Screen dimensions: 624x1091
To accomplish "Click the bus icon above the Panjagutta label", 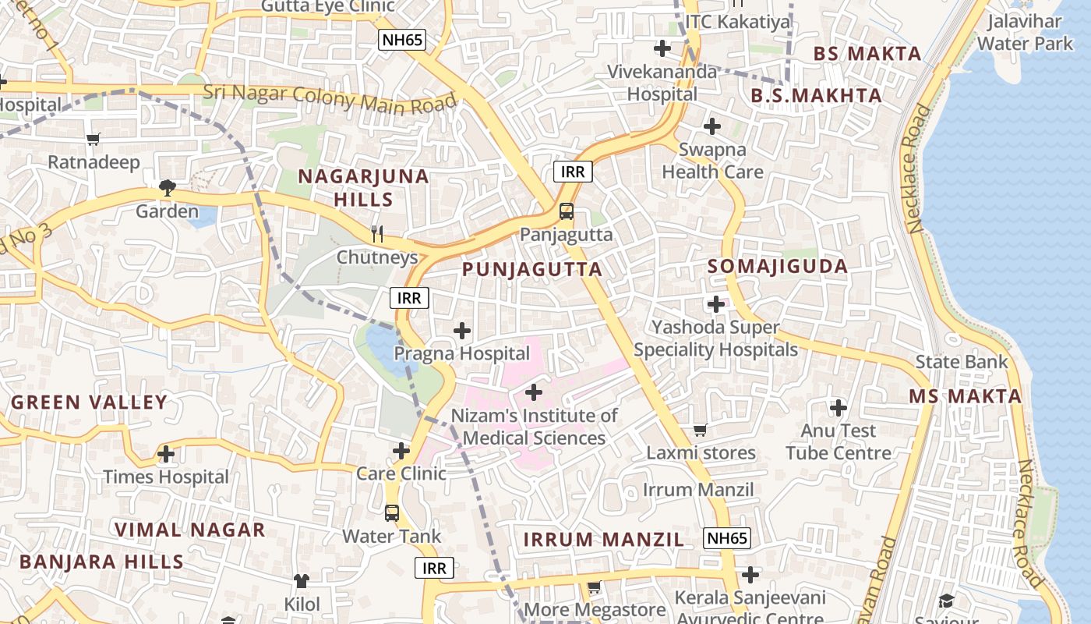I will (567, 211).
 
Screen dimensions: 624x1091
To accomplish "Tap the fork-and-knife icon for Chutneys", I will (377, 233).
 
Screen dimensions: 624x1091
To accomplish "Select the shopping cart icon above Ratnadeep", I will (94, 139).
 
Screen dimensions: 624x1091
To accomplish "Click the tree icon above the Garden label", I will (167, 187).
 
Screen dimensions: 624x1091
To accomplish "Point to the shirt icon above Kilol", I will (302, 580).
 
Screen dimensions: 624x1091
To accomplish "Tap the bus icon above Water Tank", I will (392, 512).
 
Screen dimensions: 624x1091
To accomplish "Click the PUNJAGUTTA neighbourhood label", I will (532, 270).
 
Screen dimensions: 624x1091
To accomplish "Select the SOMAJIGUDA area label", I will (777, 266).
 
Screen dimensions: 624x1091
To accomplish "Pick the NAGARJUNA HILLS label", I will (364, 187).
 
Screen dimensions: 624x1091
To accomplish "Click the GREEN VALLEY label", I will (90, 402).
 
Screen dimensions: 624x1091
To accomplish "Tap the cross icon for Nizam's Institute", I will (534, 392).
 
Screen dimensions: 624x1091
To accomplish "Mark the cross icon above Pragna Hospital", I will (462, 331).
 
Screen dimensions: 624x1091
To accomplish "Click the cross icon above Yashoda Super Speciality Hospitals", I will (716, 304).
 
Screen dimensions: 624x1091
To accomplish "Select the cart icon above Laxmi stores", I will (700, 430).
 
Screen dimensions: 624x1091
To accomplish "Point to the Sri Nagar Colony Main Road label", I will (330, 97).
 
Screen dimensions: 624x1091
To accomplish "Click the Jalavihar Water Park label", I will (1025, 32).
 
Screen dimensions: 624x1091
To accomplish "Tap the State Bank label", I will (961, 362).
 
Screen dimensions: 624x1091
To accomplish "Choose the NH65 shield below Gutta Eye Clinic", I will (401, 41).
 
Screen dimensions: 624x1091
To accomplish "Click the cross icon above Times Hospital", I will (166, 453).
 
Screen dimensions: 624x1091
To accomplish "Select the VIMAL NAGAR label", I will (190, 530).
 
